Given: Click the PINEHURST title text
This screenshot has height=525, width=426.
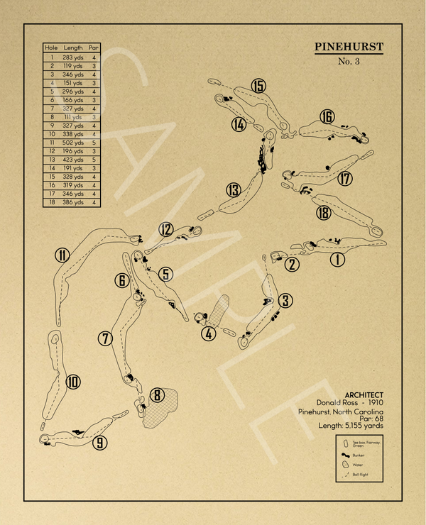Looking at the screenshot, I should pyautogui.click(x=349, y=48).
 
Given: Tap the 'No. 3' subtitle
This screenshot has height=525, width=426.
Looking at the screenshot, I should pyautogui.click(x=349, y=62).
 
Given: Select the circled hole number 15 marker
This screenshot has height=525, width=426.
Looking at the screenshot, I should pyautogui.click(x=258, y=87).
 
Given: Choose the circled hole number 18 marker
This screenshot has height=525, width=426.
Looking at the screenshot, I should pyautogui.click(x=324, y=213).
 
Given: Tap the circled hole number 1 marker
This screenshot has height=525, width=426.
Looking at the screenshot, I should pyautogui.click(x=337, y=260).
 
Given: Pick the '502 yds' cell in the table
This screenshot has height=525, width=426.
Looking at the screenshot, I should pyautogui.click(x=73, y=143).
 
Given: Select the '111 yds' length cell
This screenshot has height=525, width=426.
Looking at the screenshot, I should pyautogui.click(x=73, y=116).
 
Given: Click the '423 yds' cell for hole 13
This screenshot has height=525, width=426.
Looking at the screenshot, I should pyautogui.click(x=73, y=160).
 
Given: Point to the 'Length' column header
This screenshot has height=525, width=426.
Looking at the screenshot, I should pyautogui.click(x=73, y=48).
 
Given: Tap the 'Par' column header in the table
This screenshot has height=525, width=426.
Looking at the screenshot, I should pyautogui.click(x=94, y=48).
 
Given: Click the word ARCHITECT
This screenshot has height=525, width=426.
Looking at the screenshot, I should pyautogui.click(x=364, y=395).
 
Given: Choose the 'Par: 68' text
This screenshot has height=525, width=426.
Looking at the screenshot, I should pyautogui.click(x=369, y=419).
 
